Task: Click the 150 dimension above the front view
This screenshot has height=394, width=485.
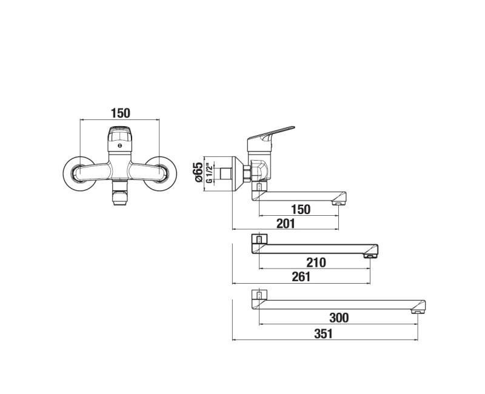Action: click(x=121, y=113)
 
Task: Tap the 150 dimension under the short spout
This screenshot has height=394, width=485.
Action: click(x=301, y=209)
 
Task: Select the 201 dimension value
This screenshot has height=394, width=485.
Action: click(x=286, y=223)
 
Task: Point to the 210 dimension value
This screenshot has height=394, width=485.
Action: click(x=316, y=262)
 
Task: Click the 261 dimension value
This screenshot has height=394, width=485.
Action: click(x=301, y=277)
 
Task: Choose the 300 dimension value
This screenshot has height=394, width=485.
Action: click(x=339, y=318)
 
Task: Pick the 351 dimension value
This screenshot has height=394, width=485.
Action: click(x=324, y=334)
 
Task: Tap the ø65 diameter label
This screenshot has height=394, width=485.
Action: click(x=198, y=172)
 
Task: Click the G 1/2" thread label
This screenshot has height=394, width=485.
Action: click(x=209, y=173)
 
